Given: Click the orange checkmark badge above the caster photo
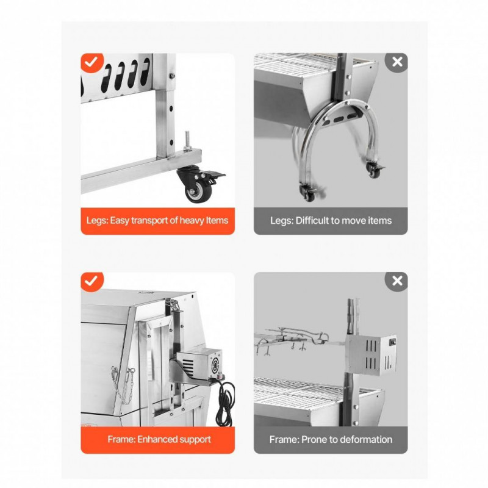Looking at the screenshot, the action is click(x=91, y=63).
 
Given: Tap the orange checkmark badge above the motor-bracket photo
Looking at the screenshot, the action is click(x=91, y=282).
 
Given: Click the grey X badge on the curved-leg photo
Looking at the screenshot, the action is click(x=397, y=62).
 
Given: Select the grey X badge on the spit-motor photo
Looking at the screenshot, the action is click(x=397, y=281).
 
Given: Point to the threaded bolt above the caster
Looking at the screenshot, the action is click(x=187, y=141).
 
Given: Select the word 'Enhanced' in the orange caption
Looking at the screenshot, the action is click(x=154, y=439).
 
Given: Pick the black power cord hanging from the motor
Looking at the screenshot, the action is click(x=224, y=401).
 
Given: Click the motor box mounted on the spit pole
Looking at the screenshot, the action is click(x=371, y=355).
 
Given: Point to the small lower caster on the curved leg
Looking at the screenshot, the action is click(x=307, y=193).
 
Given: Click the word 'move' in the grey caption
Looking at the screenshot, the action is click(x=354, y=221).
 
